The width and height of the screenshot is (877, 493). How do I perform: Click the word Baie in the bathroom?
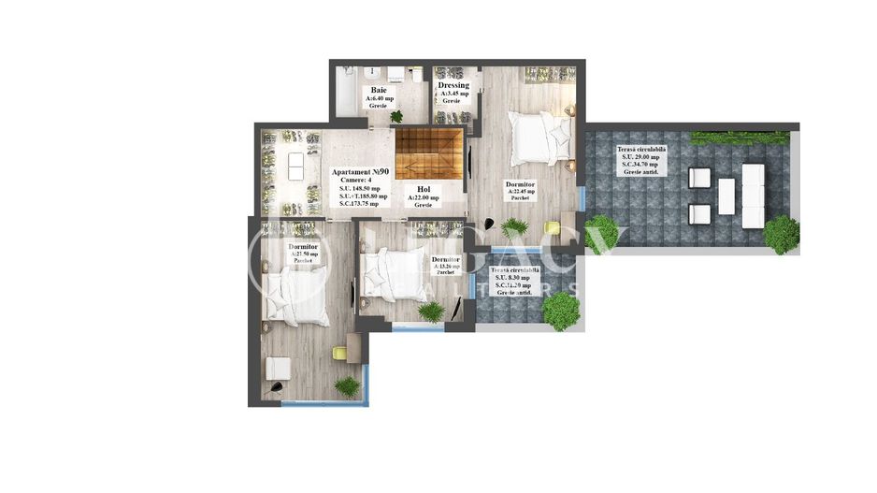pos(379,90)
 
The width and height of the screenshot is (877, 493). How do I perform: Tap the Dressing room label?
pos(453,86)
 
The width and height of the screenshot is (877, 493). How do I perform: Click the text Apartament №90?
pos(361,172)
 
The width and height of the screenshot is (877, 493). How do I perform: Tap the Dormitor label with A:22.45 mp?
pos(520,184)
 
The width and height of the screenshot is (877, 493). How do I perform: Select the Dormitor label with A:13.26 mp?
pos(446,259)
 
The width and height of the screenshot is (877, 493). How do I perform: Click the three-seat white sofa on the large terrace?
pos(753,196)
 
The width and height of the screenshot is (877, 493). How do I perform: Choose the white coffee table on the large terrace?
pos(726,196)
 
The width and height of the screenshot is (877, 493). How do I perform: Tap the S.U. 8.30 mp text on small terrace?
pos(511,277)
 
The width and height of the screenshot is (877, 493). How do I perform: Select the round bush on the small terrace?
pos(561,311)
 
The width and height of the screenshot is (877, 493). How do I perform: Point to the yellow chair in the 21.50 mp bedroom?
pos(338,353)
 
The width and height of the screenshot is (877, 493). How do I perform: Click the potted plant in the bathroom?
pos(396,116)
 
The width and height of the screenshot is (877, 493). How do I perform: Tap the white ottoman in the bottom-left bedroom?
pos(277,369)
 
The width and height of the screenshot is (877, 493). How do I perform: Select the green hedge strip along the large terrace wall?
pos(740,138)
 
